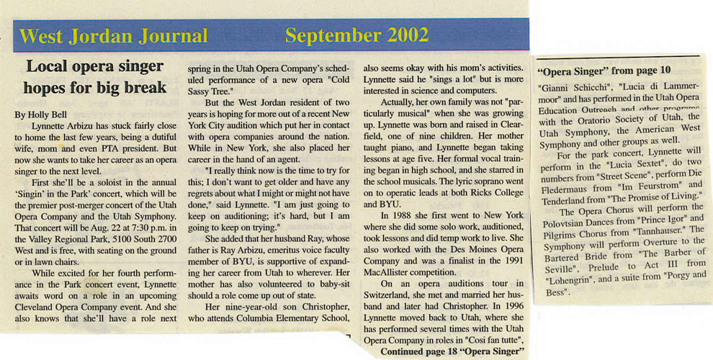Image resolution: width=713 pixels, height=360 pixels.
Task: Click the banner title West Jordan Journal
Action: [114, 35]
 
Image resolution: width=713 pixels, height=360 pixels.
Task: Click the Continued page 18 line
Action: [450, 352]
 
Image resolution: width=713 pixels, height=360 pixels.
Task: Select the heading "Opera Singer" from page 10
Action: [604, 71]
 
